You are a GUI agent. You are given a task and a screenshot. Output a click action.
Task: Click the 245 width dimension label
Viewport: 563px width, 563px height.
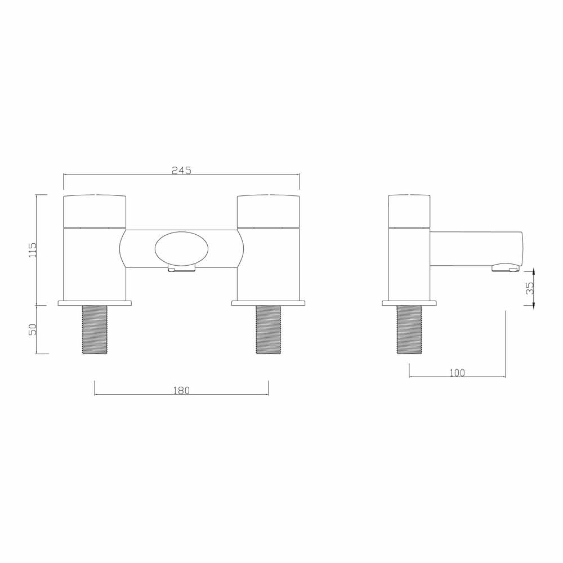pyautogui.click(x=181, y=170)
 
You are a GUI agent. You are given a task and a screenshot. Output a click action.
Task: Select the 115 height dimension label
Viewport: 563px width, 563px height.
pyautogui.click(x=32, y=250)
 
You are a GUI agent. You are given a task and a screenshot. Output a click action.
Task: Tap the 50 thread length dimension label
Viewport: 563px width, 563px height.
pyautogui.click(x=32, y=329)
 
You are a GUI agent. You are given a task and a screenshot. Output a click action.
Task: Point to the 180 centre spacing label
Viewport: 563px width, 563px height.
pyautogui.click(x=181, y=390)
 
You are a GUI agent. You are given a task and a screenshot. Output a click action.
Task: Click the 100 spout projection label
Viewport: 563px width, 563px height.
pyautogui.click(x=457, y=373)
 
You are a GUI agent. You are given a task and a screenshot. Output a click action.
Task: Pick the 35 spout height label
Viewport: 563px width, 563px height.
pyautogui.click(x=530, y=288)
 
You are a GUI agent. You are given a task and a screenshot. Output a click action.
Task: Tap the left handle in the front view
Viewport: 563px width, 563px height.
pyautogui.click(x=95, y=212)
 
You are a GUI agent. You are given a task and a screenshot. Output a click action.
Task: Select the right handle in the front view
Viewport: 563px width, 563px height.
pyautogui.click(x=268, y=212)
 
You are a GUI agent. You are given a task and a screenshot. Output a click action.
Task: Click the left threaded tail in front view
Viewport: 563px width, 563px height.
pyautogui.click(x=95, y=329)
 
